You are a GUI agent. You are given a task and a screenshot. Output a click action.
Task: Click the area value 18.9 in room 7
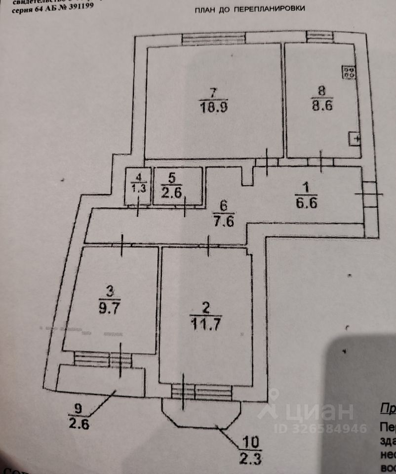[214, 107]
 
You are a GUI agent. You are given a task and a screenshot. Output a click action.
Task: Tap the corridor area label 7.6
[223, 219]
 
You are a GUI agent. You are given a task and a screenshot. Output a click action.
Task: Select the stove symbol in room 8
[349, 73]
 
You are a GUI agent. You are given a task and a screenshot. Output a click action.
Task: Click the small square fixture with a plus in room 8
[355, 140]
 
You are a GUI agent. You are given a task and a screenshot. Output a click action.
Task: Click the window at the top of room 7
[213, 38]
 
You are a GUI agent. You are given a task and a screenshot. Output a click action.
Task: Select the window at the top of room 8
[319, 36]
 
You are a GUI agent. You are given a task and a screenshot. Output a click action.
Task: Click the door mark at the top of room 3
[122, 245]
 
